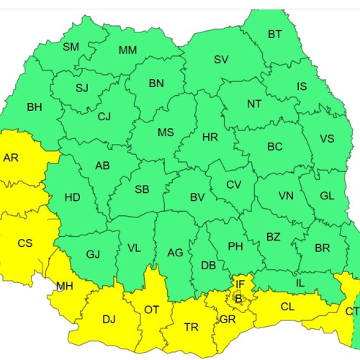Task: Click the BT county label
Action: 275,34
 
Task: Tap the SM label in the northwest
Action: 71,47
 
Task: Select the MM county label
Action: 127,50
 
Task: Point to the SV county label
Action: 221,59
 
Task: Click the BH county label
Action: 35,107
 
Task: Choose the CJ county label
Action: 104,116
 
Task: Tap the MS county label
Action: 166,132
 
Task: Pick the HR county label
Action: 210,137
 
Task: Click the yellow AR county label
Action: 12,157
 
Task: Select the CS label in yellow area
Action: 25,243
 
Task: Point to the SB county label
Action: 143,189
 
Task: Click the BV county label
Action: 198,197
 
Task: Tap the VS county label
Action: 326,139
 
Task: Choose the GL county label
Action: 327,195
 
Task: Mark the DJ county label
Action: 109,319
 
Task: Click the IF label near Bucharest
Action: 240,286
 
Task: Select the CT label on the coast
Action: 352,311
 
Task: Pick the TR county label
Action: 191,327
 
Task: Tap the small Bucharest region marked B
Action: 238,297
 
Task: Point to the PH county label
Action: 235,246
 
